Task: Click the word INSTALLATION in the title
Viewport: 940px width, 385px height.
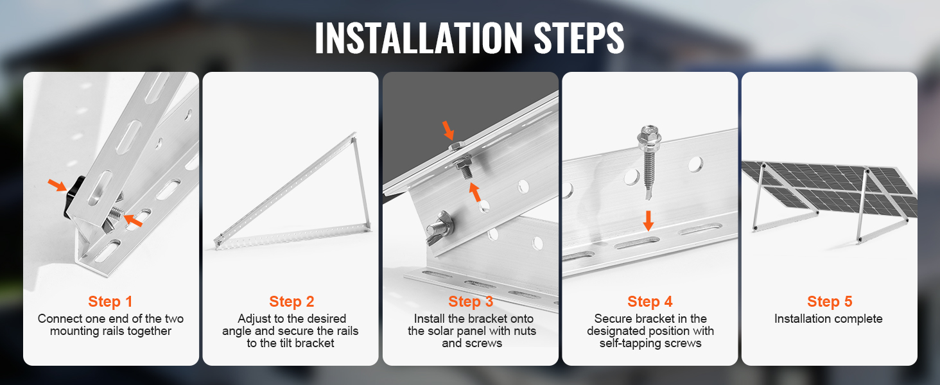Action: coord(419,38)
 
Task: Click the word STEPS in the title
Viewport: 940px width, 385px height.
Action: coord(579,38)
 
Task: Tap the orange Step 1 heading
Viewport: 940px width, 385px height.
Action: coord(110,302)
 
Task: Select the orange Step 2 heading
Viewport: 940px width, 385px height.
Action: coord(292,302)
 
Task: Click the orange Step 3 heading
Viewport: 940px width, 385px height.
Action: coord(471,302)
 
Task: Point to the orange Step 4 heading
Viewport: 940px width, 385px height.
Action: coord(650,302)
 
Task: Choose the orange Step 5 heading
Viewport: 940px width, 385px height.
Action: coord(830,302)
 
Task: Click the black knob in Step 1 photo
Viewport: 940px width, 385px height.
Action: coord(74,197)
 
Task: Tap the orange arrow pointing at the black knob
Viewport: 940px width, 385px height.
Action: coord(58,185)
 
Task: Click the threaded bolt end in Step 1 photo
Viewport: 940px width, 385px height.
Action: coord(116,213)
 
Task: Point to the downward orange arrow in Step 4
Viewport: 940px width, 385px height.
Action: coord(648,221)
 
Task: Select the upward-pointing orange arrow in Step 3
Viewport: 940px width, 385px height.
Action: coord(474,192)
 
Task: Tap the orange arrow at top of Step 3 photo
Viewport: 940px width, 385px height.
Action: coord(448,130)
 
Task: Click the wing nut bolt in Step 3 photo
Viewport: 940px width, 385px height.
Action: coord(439,229)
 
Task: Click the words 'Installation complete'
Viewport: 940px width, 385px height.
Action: coord(828,319)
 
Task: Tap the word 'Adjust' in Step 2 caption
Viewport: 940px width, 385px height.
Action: coord(252,318)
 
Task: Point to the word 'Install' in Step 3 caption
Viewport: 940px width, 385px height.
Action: coord(430,319)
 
